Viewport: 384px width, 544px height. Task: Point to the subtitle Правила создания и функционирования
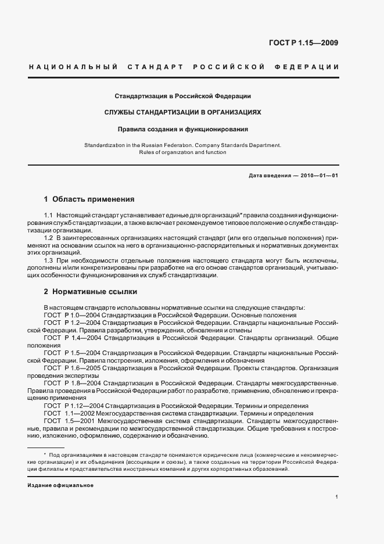[182, 130]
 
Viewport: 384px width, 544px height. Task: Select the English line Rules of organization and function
[182, 152]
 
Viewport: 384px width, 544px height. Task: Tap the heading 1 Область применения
[89, 199]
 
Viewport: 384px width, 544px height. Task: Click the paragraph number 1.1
[48, 216]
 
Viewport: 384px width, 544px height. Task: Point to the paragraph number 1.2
[48, 238]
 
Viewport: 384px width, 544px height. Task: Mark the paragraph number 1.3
[48, 260]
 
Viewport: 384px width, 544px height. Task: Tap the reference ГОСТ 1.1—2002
[69, 413]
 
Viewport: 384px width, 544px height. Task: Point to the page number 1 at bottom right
[337, 497]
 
